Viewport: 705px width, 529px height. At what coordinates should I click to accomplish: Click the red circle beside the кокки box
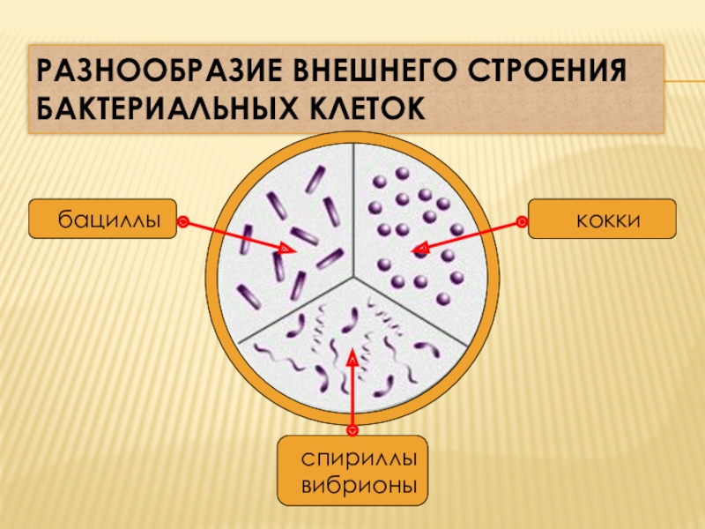[x=522, y=221]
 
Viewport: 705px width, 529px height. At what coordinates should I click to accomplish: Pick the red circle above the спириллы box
[x=352, y=429]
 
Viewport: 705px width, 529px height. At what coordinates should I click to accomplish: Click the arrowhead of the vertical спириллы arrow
[x=352, y=356]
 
